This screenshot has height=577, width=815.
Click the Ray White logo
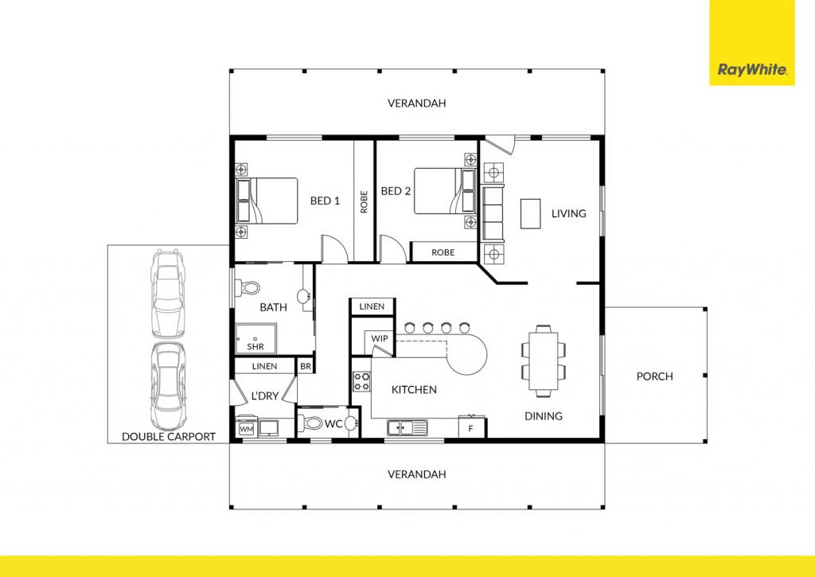click(x=751, y=43)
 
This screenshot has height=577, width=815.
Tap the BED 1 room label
click(x=325, y=201)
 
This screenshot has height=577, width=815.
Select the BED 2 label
click(x=396, y=191)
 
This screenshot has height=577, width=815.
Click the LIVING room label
click(x=568, y=213)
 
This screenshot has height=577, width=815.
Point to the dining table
click(x=544, y=361)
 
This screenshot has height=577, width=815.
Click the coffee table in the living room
click(x=531, y=213)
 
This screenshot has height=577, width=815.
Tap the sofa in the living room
click(x=493, y=213)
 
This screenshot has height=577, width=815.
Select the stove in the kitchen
click(x=362, y=381)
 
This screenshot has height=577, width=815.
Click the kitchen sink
click(x=407, y=427)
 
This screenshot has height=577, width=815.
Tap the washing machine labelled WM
click(x=246, y=429)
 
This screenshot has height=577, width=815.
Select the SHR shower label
click(x=255, y=347)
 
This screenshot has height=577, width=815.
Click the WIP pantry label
click(x=380, y=338)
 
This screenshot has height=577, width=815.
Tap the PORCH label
click(x=654, y=376)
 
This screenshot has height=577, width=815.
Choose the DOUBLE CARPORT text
click(x=169, y=437)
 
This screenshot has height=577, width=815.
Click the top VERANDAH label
click(x=417, y=103)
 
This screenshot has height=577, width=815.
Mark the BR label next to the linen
click(x=306, y=366)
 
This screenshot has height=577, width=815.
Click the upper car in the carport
click(x=167, y=294)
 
